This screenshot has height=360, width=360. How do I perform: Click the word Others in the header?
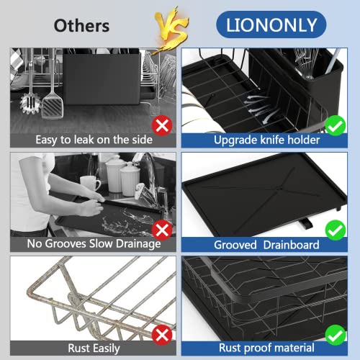coord(81,26)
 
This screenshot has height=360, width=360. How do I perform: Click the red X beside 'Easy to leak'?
coord(163,127)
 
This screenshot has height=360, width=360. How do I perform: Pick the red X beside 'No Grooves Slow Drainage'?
coord(163,230)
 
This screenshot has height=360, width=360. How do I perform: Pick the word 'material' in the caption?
coord(297,347)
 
